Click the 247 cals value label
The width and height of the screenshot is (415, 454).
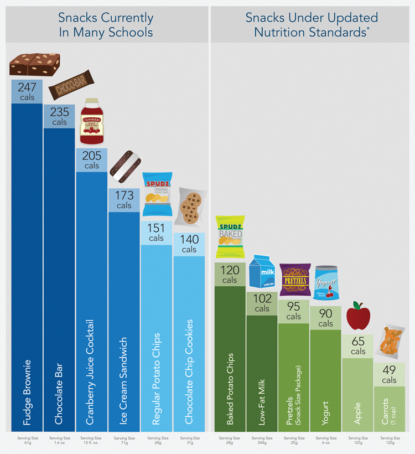(x=27, y=91)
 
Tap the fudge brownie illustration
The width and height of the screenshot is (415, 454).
(x=34, y=64)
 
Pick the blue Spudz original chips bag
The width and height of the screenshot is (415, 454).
(x=157, y=195)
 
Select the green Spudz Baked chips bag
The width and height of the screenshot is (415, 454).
(x=230, y=237)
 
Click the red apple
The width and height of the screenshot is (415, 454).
(x=358, y=316)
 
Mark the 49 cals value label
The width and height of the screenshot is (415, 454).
(x=389, y=375)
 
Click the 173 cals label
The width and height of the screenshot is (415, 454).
(x=124, y=200)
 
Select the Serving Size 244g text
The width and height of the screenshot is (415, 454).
(x=262, y=441)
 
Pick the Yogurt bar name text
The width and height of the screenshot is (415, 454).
(x=326, y=413)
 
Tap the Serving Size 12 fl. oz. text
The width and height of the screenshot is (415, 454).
(x=92, y=441)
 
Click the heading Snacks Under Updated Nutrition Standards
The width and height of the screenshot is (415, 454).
(x=312, y=24)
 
